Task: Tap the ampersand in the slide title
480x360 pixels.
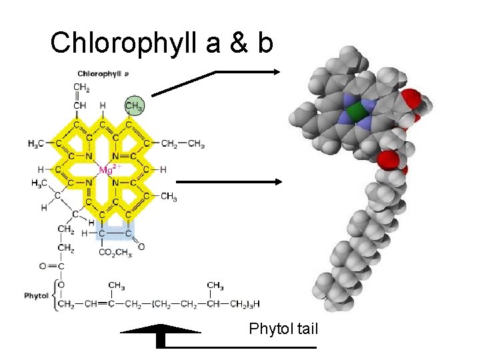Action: (x=236, y=43)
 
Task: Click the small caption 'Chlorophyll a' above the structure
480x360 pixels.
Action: (x=103, y=73)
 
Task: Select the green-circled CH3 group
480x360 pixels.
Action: (x=135, y=105)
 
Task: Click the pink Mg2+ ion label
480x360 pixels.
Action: (x=107, y=170)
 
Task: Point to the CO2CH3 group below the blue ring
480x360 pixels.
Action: (x=115, y=252)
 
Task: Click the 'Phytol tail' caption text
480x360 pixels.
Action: (x=283, y=329)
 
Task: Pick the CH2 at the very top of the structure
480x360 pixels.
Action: (x=81, y=87)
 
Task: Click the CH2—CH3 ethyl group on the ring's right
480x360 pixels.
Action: (x=183, y=143)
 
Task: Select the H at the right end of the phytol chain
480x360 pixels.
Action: (x=257, y=305)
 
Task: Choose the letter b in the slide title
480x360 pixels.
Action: (x=265, y=43)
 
